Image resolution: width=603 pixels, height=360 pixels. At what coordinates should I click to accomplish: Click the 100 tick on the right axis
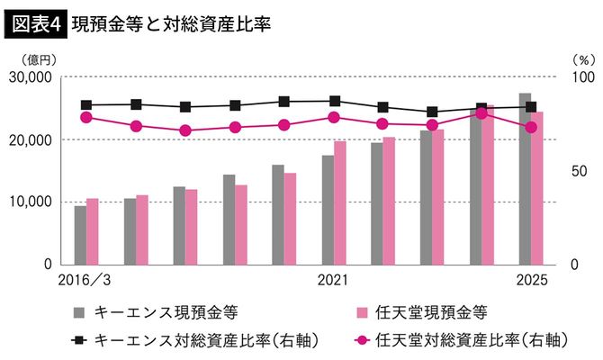tap(583, 77)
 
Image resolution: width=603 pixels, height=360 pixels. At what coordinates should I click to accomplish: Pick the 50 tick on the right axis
tap(580, 171)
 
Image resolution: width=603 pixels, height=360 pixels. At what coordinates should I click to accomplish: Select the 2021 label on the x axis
tap(333, 280)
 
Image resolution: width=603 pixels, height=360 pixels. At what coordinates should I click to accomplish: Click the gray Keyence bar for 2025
tap(525, 179)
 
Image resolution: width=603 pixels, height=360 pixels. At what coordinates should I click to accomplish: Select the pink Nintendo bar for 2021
tap(339, 202)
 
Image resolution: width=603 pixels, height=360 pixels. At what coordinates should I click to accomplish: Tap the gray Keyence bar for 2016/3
tap(80, 235)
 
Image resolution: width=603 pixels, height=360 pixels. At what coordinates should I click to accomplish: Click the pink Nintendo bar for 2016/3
tap(92, 231)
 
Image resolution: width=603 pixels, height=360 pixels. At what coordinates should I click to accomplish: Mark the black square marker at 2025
tap(531, 107)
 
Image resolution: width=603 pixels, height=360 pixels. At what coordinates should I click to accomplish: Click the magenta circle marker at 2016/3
tap(86, 117)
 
